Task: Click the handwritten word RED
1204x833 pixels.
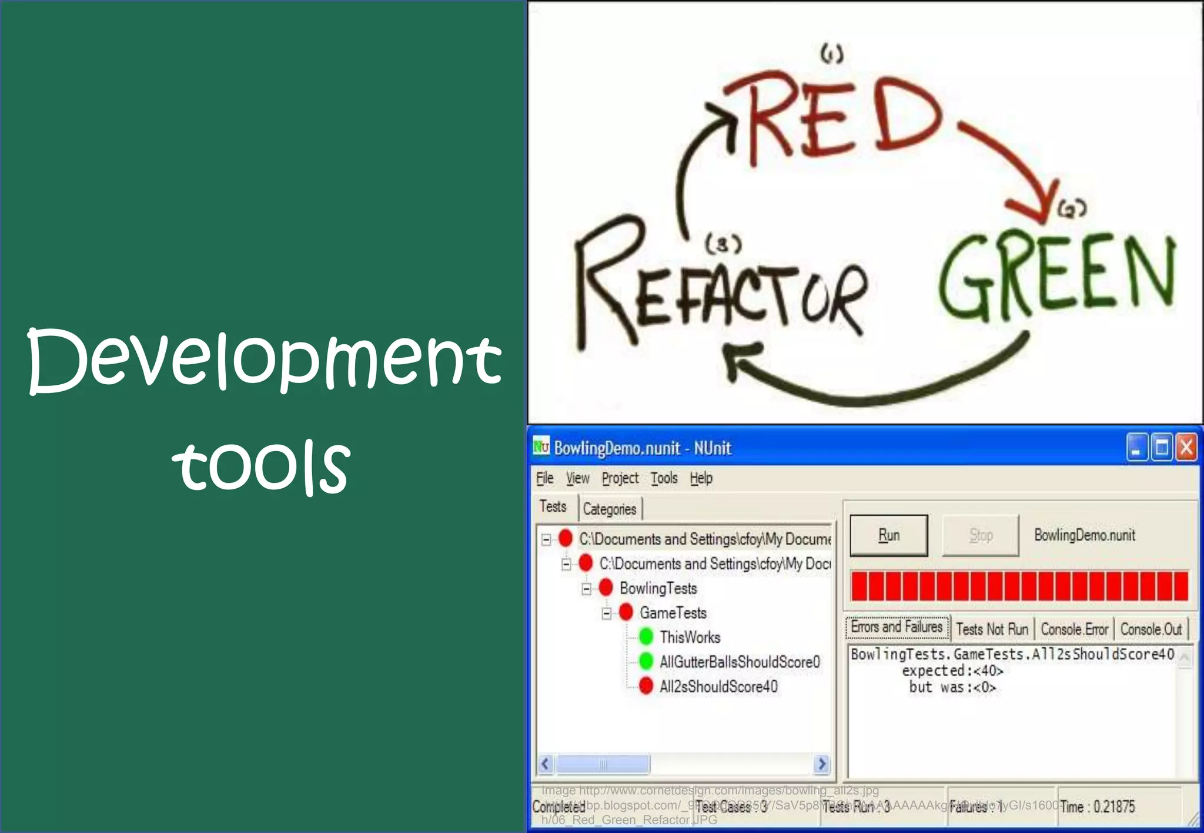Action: [835, 117]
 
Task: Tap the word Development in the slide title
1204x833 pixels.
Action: [265, 360]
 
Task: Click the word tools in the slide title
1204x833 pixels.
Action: [262, 465]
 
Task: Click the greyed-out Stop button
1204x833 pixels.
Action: [981, 535]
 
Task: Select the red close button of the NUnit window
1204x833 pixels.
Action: [1186, 448]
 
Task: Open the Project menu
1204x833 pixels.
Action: [620, 478]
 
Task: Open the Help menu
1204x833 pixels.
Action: [701, 478]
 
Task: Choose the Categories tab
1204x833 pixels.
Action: [610, 509]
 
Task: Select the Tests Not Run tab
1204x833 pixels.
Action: [992, 629]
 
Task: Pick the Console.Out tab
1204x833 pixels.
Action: [1151, 629]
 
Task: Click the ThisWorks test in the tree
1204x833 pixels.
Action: [690, 637]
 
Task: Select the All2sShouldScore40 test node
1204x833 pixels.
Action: [718, 686]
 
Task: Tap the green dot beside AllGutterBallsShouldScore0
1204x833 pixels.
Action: [646, 661]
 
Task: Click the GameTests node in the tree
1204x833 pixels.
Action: [673, 613]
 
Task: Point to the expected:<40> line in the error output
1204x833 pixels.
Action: [952, 670]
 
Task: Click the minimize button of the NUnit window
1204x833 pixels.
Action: [1137, 448]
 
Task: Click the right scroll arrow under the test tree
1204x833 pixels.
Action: [822, 764]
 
